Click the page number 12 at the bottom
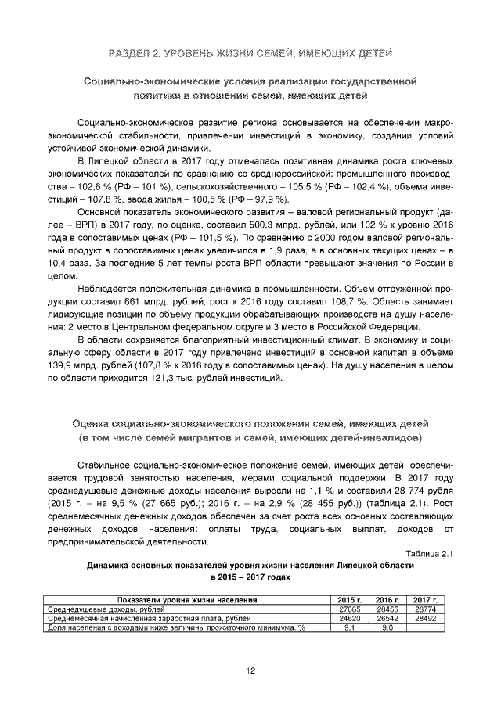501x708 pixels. pyautogui.click(x=250, y=670)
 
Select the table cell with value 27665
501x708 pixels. pyautogui.click(x=349, y=609)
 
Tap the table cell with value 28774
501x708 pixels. pyautogui.click(x=425, y=609)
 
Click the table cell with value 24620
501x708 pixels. pyautogui.click(x=349, y=618)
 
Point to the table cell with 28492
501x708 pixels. pyautogui.click(x=425, y=618)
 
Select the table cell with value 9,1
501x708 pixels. pyautogui.click(x=349, y=627)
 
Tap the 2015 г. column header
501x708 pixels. pyautogui.click(x=349, y=599)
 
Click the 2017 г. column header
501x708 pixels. pyautogui.click(x=425, y=599)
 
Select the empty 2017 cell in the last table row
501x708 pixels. pyautogui.click(x=425, y=627)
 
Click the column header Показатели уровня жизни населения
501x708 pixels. pyautogui.click(x=188, y=599)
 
